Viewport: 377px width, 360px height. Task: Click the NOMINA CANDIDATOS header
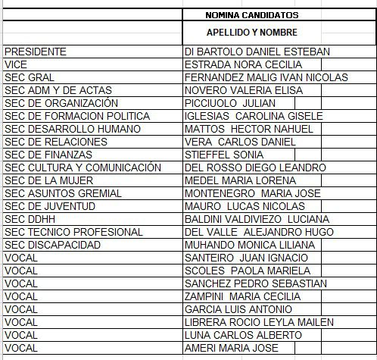[252, 14]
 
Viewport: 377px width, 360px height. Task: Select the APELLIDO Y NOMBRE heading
[252, 33]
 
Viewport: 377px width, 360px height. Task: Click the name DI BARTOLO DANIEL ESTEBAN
[257, 52]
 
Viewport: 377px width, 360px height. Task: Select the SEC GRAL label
[30, 77]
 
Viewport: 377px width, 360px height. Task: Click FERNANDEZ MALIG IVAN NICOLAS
[266, 77]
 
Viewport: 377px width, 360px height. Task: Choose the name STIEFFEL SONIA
[225, 155]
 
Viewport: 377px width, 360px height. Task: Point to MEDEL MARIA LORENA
[240, 180]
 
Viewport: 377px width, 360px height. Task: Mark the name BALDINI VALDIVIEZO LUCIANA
[257, 219]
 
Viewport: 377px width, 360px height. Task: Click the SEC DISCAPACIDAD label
[52, 245]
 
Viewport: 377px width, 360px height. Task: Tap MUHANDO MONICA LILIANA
[250, 245]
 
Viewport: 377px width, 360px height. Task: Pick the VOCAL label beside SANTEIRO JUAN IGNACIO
[20, 258]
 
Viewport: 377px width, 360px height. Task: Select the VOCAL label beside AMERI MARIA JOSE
[20, 348]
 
